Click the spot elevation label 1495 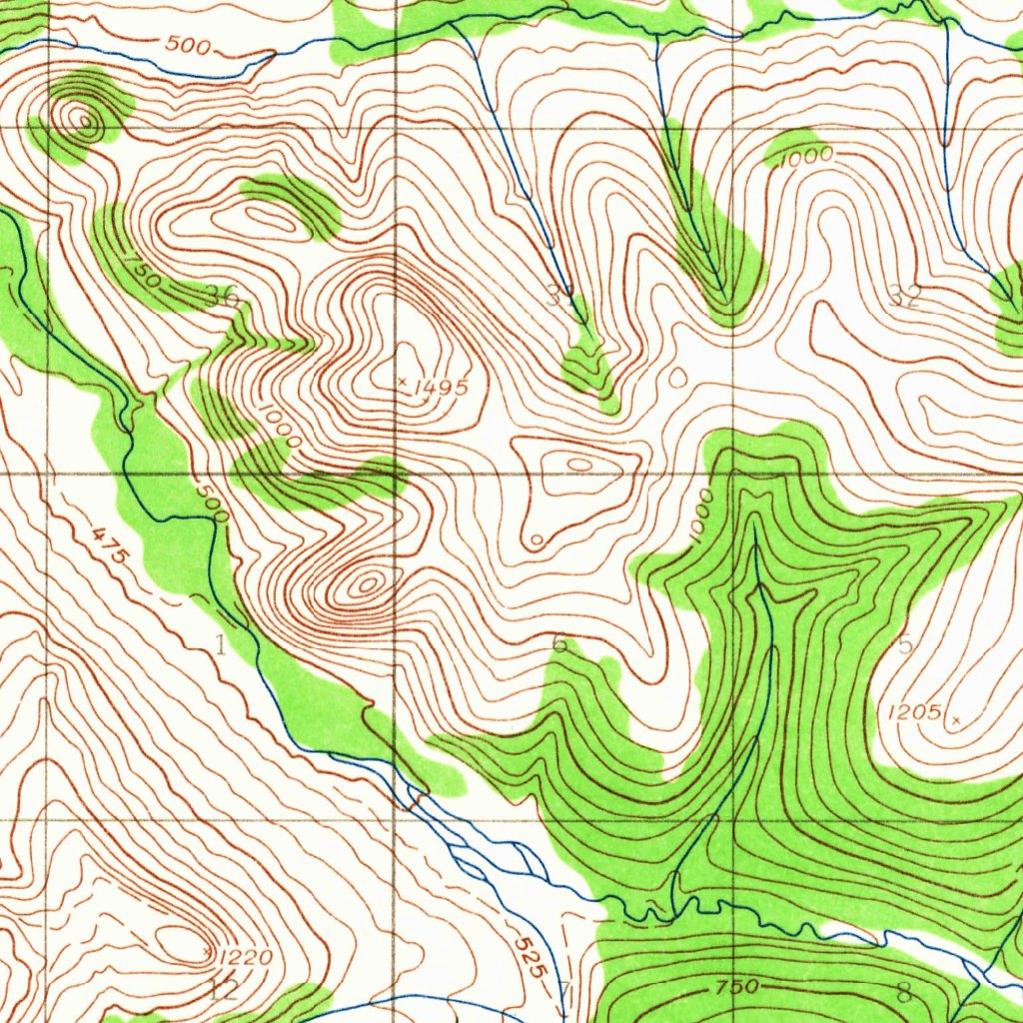click(x=440, y=388)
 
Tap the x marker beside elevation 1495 click(x=402, y=381)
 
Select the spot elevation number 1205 click(x=913, y=712)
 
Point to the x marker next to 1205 click(x=956, y=719)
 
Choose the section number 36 click(x=222, y=295)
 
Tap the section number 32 click(x=904, y=295)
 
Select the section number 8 click(x=904, y=993)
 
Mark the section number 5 click(x=905, y=644)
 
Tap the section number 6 click(x=559, y=644)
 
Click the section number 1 click(x=220, y=644)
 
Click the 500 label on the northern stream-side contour click(x=189, y=44)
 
